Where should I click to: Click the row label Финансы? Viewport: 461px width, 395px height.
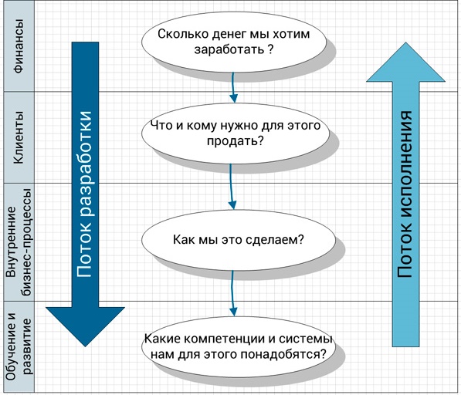click(19, 46)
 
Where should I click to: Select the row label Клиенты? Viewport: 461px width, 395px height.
click(19, 137)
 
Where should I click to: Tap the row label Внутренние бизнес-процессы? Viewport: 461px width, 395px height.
click(19, 242)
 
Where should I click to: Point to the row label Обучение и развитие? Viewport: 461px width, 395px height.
click(19, 346)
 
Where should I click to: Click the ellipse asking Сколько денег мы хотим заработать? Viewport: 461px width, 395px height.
click(234, 42)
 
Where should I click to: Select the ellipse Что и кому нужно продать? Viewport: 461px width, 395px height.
click(236, 133)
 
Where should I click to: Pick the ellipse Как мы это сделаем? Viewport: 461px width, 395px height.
click(238, 240)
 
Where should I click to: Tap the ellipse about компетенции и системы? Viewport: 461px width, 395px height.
click(238, 347)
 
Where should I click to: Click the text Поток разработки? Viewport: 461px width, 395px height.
click(85, 194)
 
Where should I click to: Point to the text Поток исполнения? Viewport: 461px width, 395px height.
click(405, 194)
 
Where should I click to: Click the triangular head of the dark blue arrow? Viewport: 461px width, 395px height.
click(85, 326)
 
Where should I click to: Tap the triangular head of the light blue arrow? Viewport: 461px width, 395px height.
click(405, 62)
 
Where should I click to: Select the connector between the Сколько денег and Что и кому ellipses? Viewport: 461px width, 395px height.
click(233, 87)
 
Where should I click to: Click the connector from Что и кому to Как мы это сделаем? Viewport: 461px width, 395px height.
click(232, 187)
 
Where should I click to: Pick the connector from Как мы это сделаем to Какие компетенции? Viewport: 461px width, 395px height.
click(232, 293)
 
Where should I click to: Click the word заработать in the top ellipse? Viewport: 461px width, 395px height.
click(229, 49)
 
